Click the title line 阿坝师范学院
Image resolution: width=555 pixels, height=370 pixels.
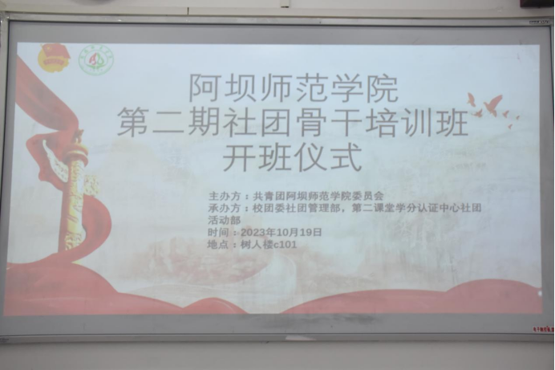tap(294, 88)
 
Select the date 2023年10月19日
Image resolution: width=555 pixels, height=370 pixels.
tap(282, 232)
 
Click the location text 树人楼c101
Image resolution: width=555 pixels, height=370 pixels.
tap(269, 244)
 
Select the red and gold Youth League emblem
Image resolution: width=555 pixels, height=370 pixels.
tap(55, 56)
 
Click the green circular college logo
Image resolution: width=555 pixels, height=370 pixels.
tap(96, 59)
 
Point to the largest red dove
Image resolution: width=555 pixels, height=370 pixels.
tap(492, 104)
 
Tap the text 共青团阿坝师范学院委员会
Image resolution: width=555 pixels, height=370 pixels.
tap(318, 196)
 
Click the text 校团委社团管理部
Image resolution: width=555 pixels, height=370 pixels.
tap(297, 208)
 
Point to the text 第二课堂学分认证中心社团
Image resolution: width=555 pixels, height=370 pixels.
tap(416, 208)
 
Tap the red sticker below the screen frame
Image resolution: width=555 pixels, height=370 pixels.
tap(544, 329)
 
